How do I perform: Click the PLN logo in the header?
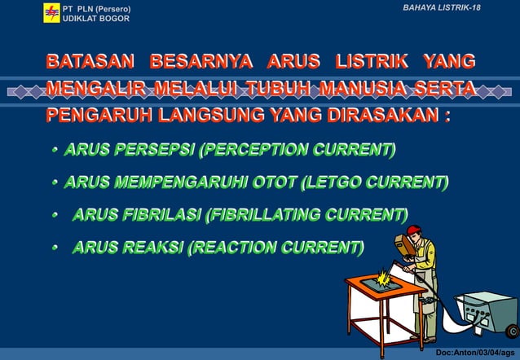tap(51, 12)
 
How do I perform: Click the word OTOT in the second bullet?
tap(272, 182)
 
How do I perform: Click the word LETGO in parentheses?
tap(333, 182)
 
